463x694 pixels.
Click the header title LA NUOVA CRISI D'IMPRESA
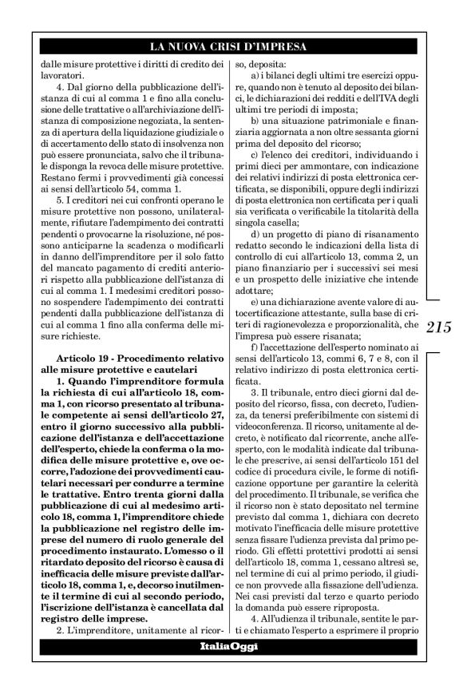pyautogui.click(x=231, y=47)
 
